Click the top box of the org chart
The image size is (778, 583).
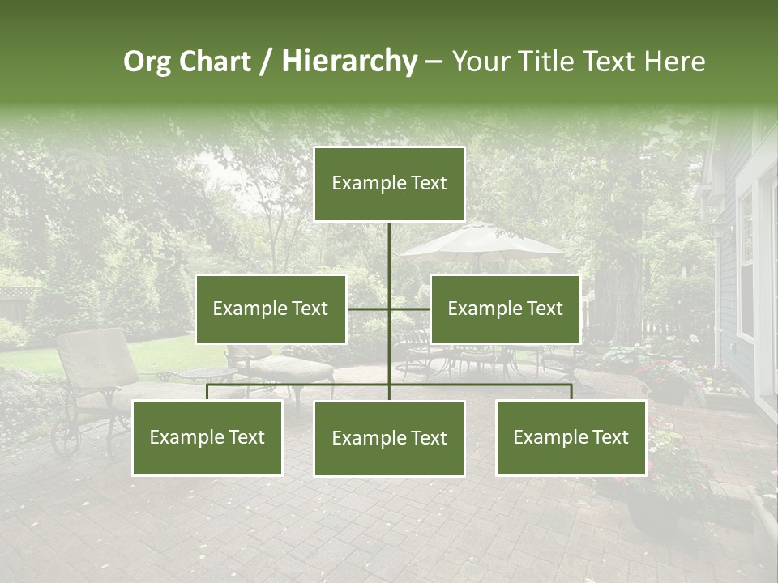click(x=389, y=184)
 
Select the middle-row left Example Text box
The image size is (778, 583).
click(x=271, y=309)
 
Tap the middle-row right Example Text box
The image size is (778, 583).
click(x=505, y=309)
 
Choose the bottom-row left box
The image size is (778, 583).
click(x=207, y=437)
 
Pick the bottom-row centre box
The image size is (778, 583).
click(x=389, y=438)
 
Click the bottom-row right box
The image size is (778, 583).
click(x=571, y=437)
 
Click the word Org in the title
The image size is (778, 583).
click(x=147, y=62)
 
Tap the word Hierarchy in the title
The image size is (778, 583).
click(x=349, y=62)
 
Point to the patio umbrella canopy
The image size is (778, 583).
click(x=481, y=240)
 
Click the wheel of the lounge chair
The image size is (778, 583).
click(x=65, y=438)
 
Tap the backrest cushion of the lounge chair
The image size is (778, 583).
click(x=96, y=356)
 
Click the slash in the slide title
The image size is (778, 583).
click(x=266, y=62)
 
